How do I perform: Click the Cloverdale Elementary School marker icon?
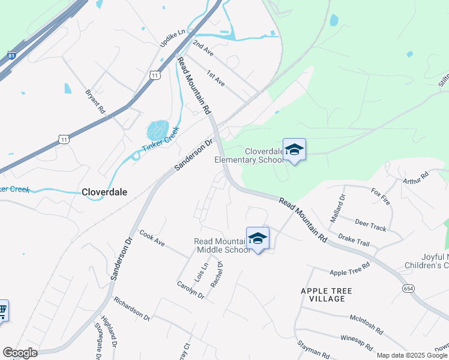tap(294, 149)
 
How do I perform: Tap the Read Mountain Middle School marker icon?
tap(258, 238)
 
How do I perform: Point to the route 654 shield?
tap(408, 289)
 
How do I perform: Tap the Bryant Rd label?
tap(95, 102)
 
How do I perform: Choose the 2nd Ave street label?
tap(203, 49)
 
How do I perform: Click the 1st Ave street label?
tap(215, 78)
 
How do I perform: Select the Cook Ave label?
tap(152, 239)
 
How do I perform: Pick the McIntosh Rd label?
tap(366, 324)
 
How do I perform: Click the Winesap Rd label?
tap(356, 343)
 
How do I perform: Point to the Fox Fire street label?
tap(381, 196)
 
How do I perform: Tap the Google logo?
tap(20, 352)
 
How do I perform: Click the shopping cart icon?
tap(2, 310)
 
